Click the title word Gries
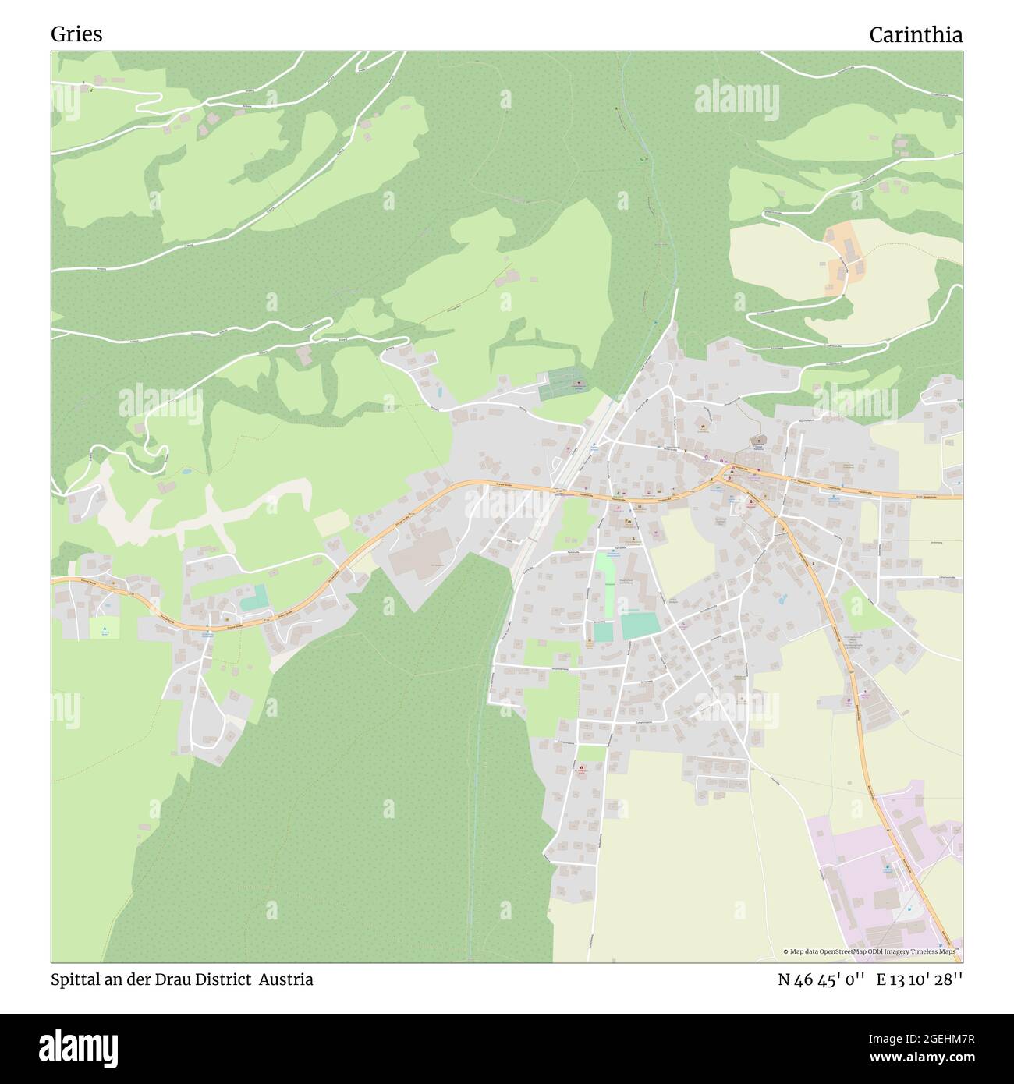[x=76, y=34]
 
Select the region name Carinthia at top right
[x=916, y=34]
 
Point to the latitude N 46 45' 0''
[x=822, y=979]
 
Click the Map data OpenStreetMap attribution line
[x=870, y=951]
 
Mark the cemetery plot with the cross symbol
[x=565, y=383]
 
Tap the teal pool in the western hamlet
[x=254, y=599]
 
